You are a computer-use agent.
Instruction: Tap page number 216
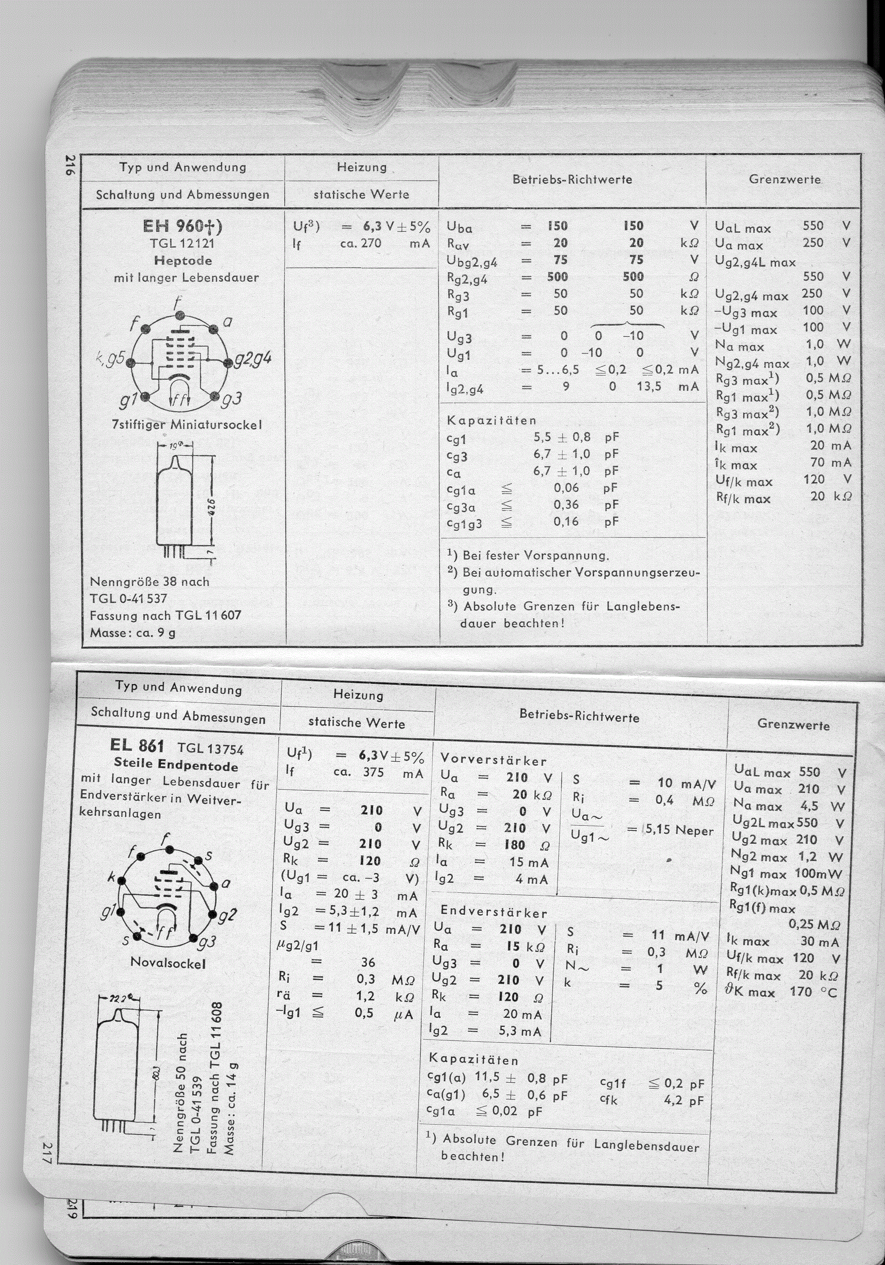70,165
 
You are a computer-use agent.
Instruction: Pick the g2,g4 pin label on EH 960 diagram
252,359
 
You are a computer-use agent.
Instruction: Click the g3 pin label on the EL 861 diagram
207,944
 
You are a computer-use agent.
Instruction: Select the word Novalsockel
168,963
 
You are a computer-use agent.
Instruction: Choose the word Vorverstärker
493,761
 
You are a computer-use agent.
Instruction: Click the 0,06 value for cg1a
567,488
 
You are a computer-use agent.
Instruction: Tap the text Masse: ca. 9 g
133,632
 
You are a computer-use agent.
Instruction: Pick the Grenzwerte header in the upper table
785,179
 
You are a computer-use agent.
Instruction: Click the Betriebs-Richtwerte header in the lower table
579,716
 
